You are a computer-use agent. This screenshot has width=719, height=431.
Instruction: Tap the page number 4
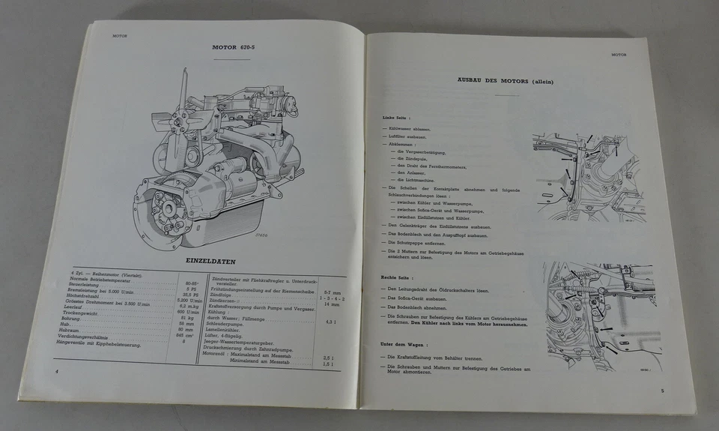56,370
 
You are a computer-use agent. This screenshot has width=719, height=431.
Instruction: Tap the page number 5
662,391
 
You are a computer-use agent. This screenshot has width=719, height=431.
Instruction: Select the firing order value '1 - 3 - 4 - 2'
327,298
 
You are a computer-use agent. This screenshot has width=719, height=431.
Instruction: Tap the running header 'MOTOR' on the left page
120,34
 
